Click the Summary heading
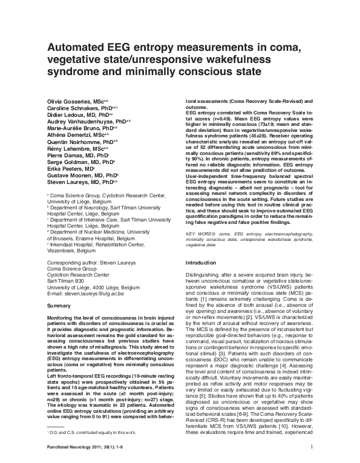(x=59, y=289)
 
